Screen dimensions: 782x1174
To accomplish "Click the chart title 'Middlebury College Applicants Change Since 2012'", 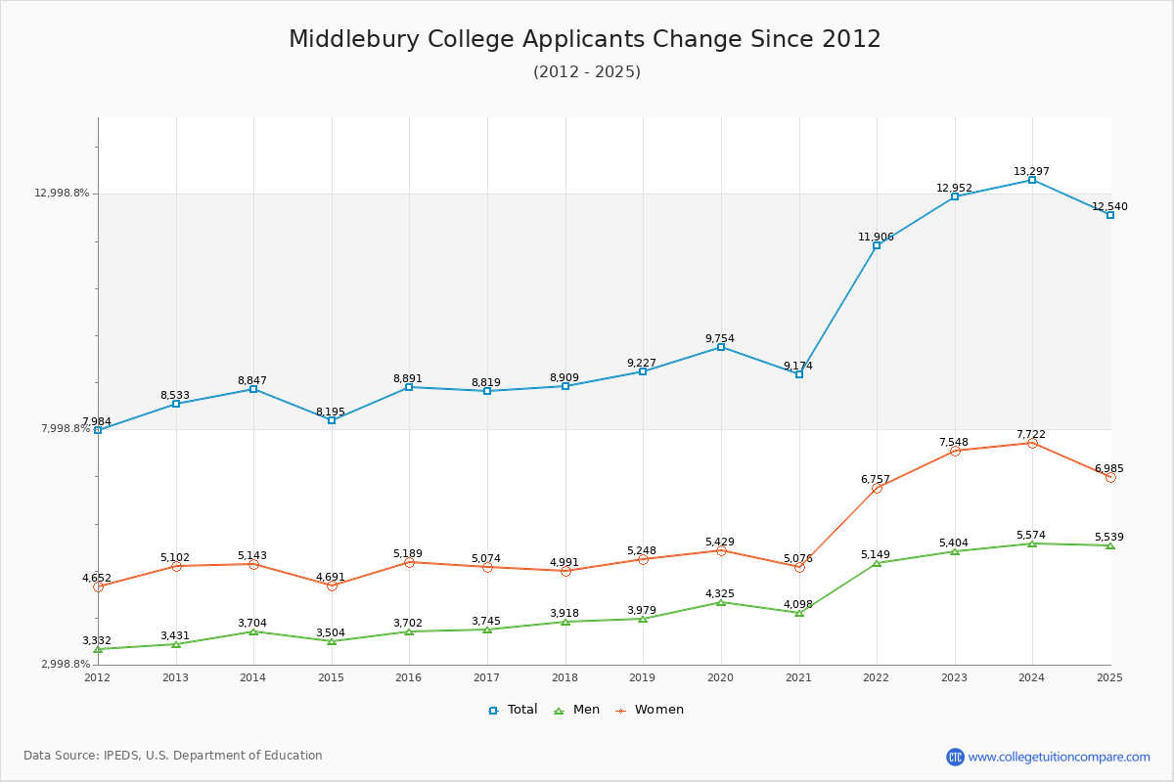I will (585, 39).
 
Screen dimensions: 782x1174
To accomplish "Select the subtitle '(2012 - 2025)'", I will (587, 71).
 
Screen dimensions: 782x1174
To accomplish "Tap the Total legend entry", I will (513, 710).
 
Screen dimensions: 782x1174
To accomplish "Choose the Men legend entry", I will (578, 710).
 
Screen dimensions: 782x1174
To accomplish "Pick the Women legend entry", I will (650, 710).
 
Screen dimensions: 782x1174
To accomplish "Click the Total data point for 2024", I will (1032, 180).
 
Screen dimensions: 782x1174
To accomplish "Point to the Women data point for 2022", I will (877, 488).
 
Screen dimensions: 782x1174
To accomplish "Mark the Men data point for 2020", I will (721, 602).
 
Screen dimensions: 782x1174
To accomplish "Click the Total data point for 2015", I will (332, 420).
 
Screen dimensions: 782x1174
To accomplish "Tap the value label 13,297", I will (1032, 171).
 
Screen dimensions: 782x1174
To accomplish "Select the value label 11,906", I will (877, 237).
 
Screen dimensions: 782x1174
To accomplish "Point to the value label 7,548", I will (954, 442).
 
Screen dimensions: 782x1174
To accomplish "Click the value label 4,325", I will (720, 593).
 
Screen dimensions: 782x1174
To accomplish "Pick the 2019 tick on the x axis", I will (643, 676).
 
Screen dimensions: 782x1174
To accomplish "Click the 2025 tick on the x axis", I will (1110, 676).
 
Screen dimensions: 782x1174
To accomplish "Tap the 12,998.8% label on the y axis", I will (62, 193).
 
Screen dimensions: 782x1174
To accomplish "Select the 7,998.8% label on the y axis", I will (66, 428).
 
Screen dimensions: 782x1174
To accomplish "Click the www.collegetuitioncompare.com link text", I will (1060, 757).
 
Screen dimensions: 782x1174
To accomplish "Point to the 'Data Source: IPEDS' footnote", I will (173, 756).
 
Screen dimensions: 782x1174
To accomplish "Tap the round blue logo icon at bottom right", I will (955, 757).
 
